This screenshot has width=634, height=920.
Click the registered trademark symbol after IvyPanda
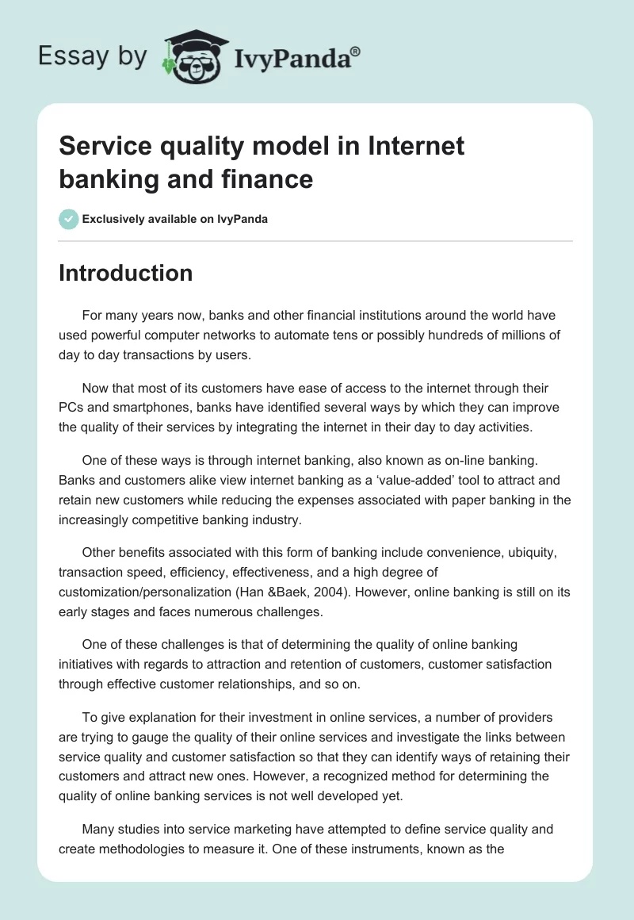[355, 52]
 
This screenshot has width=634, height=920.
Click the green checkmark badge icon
[69, 219]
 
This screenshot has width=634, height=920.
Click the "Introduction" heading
[125, 273]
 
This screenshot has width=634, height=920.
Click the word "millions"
[533, 335]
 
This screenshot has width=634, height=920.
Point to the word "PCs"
[73, 408]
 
